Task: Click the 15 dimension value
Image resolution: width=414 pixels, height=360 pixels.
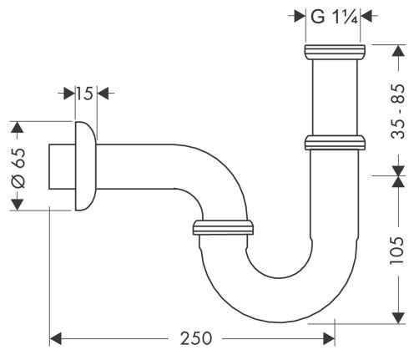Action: pyautogui.click(x=83, y=94)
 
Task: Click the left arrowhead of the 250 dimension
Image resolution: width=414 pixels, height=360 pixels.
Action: pyautogui.click(x=57, y=338)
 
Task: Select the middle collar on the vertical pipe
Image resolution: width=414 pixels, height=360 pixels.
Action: pyautogui.click(x=334, y=142)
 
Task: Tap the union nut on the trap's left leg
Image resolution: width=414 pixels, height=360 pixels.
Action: pyautogui.click(x=223, y=226)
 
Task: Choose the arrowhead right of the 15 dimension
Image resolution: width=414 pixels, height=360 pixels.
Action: pyautogui.click(x=103, y=94)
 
